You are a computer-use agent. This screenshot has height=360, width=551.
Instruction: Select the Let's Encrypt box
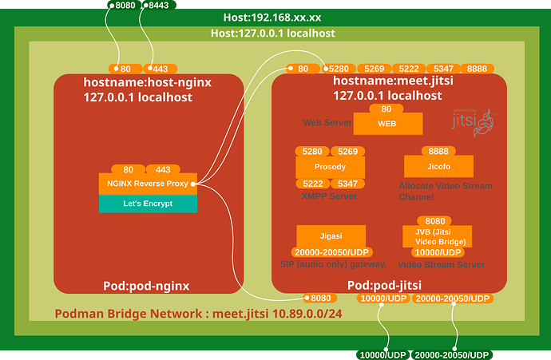click(x=148, y=204)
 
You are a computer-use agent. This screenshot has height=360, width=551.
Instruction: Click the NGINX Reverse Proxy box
click(x=148, y=184)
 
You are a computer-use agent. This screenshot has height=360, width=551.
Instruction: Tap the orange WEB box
click(x=387, y=124)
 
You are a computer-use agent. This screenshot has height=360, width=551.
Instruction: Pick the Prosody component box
click(x=330, y=167)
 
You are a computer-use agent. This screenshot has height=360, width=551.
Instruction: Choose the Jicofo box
click(x=438, y=167)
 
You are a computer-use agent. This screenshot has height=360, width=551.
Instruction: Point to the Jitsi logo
click(x=471, y=121)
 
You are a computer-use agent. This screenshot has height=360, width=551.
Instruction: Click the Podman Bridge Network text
click(x=199, y=314)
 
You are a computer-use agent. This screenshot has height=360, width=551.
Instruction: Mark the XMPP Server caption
click(x=330, y=196)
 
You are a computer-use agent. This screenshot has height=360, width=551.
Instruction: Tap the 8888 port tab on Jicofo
click(x=438, y=150)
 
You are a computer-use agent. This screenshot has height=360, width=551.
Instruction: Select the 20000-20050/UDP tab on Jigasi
click(x=331, y=251)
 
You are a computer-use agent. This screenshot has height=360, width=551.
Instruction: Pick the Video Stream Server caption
click(x=442, y=265)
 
